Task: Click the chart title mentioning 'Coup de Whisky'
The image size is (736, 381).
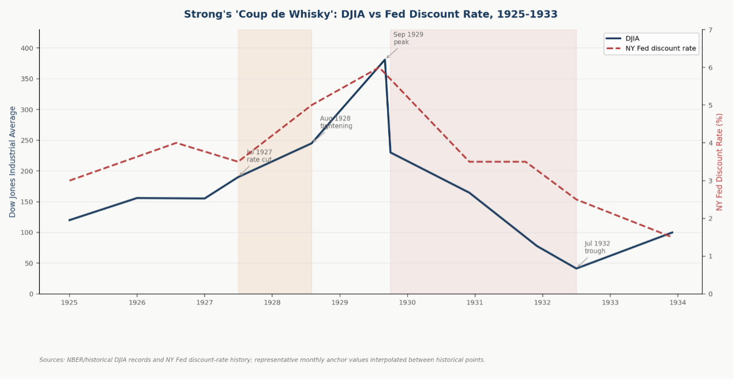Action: tap(370, 14)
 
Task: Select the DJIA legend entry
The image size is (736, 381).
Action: tap(632, 39)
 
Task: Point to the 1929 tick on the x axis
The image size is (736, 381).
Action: tap(340, 302)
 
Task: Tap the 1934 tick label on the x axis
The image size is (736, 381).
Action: tap(678, 302)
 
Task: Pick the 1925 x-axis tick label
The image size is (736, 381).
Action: tap(69, 302)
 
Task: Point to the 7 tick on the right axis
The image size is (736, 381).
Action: tap(710, 30)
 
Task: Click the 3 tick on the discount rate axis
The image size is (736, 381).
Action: tap(710, 181)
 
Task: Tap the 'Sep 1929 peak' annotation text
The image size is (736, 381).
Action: tap(408, 38)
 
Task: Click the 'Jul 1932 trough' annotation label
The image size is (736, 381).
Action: tap(597, 247)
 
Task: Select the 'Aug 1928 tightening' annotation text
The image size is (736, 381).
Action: tap(336, 122)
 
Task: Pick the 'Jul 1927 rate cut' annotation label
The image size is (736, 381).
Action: tap(259, 156)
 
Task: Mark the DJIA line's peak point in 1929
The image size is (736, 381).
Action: tap(385, 59)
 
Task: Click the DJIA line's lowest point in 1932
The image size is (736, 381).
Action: tap(576, 268)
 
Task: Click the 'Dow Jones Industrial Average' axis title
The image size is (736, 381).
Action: tap(13, 162)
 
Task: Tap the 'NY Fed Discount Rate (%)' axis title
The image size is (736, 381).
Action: tap(719, 162)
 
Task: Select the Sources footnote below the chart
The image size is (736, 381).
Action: tap(262, 360)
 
